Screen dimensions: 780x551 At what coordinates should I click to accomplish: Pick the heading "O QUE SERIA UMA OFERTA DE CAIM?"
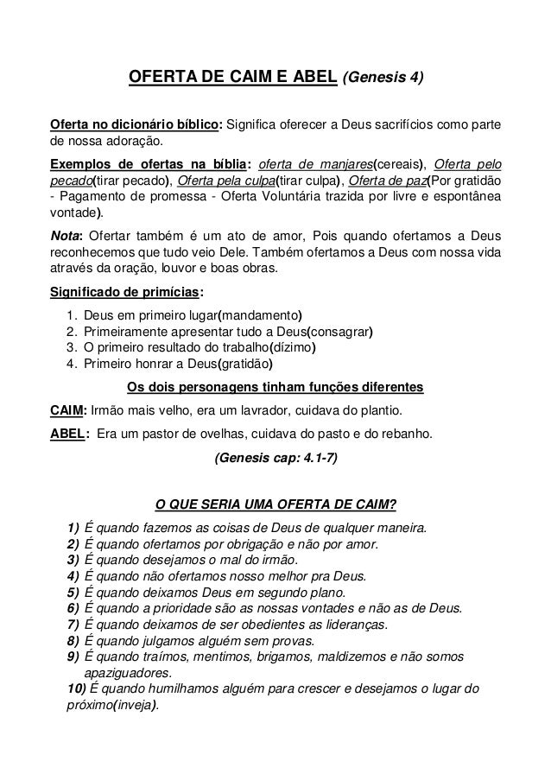pyautogui.click(x=275, y=504)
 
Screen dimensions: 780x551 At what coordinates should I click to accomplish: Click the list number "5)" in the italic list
pyautogui.click(x=73, y=593)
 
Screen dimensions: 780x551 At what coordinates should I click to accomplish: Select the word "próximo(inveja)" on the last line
pyautogui.click(x=111, y=705)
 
